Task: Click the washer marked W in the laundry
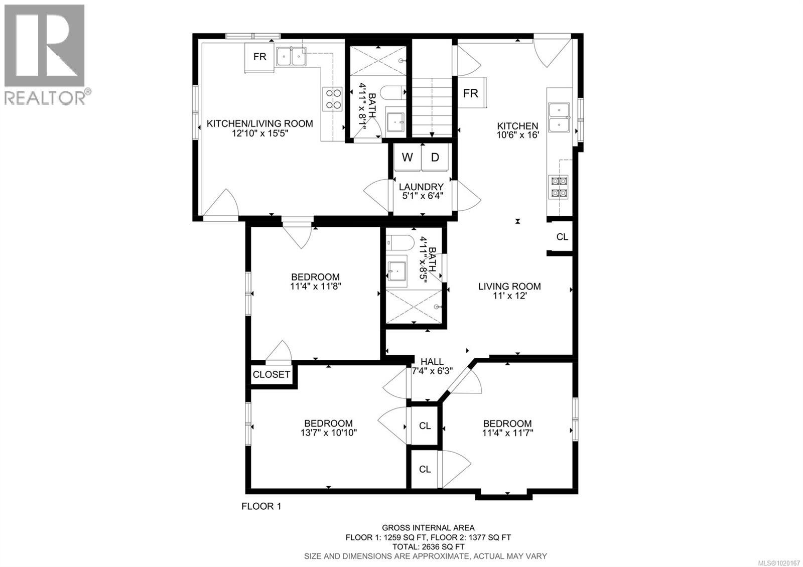407,158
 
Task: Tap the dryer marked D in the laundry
435,158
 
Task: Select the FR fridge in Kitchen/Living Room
259,57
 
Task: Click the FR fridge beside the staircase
470,93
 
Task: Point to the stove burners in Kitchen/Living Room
331,98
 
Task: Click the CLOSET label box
272,374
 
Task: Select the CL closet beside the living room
562,237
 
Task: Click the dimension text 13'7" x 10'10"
328,433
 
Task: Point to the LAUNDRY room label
421,187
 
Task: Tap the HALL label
432,362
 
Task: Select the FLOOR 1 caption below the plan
261,506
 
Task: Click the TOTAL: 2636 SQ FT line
428,546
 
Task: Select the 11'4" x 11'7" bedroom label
507,428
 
